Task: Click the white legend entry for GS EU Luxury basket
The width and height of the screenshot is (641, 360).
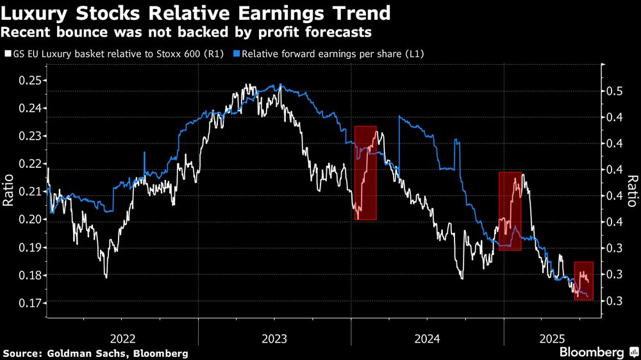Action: click(x=115, y=54)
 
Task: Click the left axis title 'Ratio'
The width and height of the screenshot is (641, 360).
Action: click(x=9, y=192)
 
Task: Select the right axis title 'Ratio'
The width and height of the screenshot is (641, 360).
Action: click(x=632, y=192)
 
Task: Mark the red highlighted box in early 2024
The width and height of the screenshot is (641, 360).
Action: click(x=365, y=173)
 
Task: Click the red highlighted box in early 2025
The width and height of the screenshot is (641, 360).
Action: click(x=510, y=211)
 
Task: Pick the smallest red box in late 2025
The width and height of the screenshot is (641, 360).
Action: click(x=584, y=281)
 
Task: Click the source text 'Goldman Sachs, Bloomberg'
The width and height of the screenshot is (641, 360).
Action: click(x=96, y=353)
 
